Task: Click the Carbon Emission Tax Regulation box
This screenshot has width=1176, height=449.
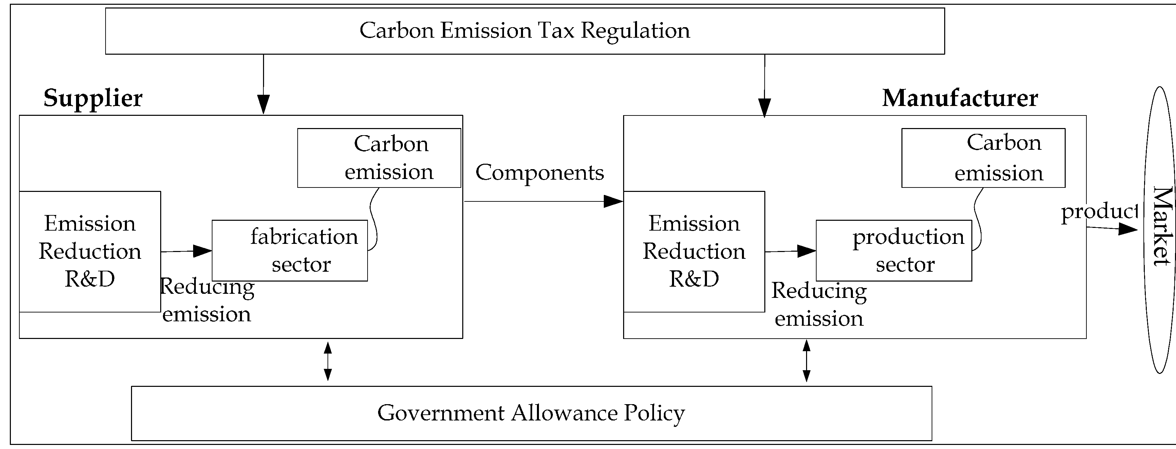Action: point(525,31)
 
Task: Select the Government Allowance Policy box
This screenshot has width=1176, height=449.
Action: point(531,413)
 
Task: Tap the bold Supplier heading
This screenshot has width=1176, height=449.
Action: point(93,98)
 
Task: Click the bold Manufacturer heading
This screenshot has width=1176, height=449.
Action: point(959,98)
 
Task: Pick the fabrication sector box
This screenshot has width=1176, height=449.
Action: point(290,250)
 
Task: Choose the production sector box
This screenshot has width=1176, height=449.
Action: point(893,250)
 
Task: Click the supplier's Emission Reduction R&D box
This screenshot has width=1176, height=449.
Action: point(90,251)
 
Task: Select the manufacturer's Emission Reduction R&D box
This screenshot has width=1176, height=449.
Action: point(694,251)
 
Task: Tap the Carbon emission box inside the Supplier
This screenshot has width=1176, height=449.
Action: point(379,158)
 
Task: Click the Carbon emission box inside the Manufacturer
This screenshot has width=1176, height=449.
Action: point(983,158)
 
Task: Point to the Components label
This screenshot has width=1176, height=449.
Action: point(540,173)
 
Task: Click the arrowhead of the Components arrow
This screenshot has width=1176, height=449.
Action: point(613,201)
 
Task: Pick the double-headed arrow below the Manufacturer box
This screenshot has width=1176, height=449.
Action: point(806,361)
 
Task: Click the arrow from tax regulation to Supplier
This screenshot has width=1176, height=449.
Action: point(263,85)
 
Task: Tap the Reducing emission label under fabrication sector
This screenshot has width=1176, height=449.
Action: point(207,301)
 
